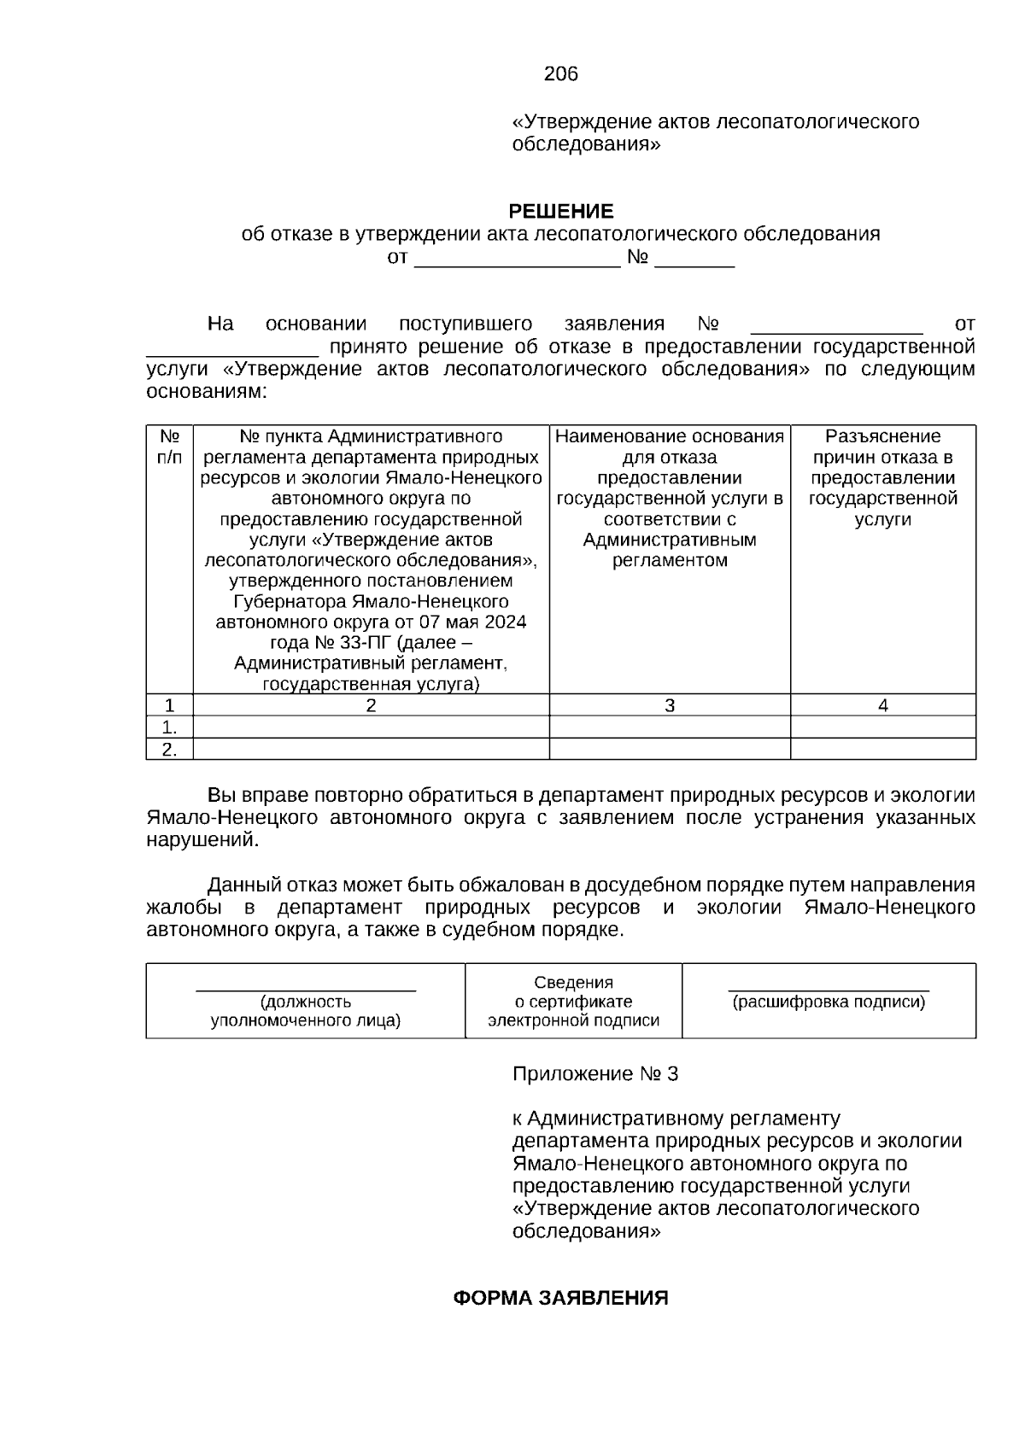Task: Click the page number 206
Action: pos(560,74)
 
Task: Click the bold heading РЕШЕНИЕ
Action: pos(560,211)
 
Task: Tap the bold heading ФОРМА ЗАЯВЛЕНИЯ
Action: pos(559,1299)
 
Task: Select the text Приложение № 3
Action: pos(594,1074)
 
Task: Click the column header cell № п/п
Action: pos(169,447)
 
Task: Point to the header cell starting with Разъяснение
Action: pos(882,477)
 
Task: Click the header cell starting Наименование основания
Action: pos(669,498)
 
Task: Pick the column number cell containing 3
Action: pos(669,705)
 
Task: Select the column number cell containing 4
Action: pos(882,705)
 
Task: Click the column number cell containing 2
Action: pos(371,705)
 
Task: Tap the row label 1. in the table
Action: pos(169,727)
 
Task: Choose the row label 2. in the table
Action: pos(169,750)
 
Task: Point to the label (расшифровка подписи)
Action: pos(829,1002)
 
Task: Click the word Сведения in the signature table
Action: pos(573,983)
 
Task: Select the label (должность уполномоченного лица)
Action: pos(306,1011)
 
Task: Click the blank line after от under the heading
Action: pos(517,259)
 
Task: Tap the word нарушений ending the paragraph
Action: pos(201,840)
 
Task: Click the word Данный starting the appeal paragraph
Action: pos(243,885)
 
